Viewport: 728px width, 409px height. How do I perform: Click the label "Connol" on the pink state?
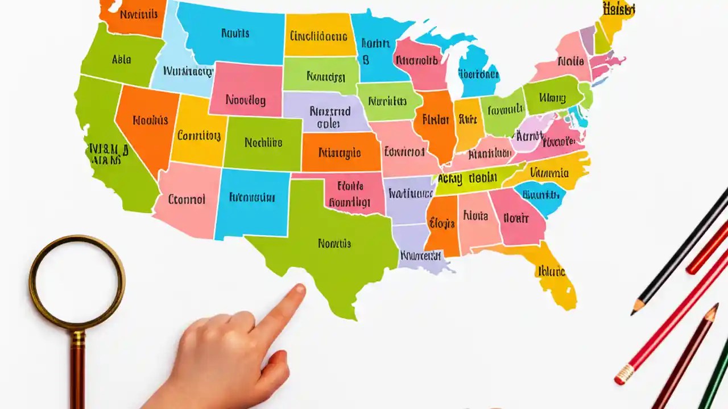[187, 199]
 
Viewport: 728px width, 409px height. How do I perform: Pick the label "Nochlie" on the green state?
[263, 143]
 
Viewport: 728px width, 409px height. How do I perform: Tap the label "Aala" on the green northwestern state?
[122, 59]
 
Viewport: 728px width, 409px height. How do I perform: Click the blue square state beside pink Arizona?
[251, 199]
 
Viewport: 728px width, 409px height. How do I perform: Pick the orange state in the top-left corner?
[133, 14]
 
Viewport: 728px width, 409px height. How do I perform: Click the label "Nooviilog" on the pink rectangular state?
[246, 101]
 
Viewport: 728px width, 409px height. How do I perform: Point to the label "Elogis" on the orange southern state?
[441, 223]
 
